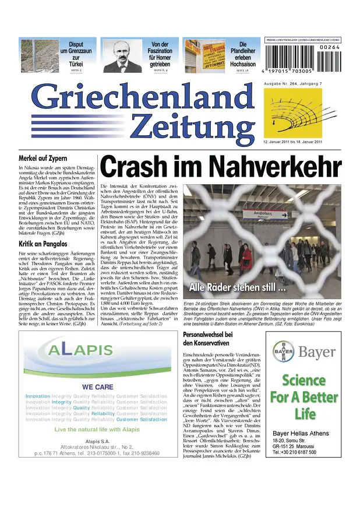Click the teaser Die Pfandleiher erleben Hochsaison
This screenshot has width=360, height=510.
(243, 54)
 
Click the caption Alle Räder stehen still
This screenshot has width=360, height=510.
(238, 287)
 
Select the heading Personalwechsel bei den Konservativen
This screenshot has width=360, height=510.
(208, 339)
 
